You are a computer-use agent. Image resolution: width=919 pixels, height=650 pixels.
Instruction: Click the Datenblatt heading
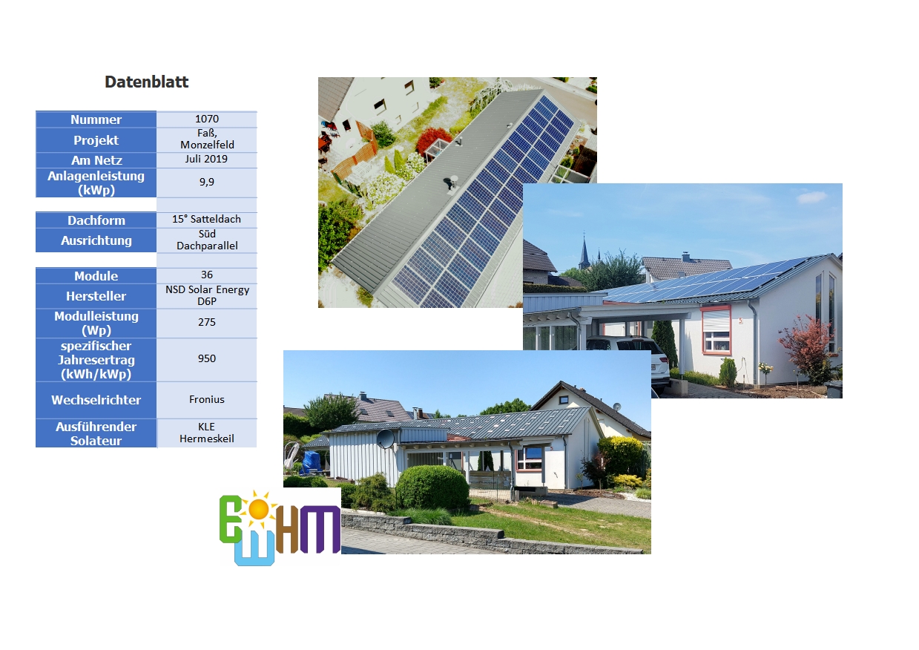pyautogui.click(x=146, y=82)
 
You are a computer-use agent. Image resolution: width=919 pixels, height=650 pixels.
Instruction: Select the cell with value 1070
pyautogui.click(x=207, y=119)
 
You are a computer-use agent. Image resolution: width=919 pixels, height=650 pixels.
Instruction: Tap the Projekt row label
pyautogui.click(x=96, y=140)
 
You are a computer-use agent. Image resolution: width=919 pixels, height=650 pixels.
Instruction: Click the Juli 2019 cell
pyautogui.click(x=207, y=160)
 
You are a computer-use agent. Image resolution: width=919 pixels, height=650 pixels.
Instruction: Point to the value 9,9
pyautogui.click(x=207, y=183)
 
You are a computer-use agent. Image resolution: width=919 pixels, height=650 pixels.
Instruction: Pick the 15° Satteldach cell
pyautogui.click(x=207, y=220)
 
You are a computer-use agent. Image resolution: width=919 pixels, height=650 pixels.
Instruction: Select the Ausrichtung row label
pyautogui.click(x=96, y=240)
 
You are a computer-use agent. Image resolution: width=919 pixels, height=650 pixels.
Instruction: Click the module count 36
pyautogui.click(x=207, y=275)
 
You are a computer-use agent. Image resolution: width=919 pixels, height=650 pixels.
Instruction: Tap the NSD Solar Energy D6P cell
pyautogui.click(x=207, y=296)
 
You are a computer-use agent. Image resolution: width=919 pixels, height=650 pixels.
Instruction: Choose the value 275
pyautogui.click(x=207, y=323)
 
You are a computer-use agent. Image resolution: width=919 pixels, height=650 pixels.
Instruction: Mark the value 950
pyautogui.click(x=207, y=359)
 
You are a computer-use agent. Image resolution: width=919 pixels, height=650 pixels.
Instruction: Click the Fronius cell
pyautogui.click(x=207, y=400)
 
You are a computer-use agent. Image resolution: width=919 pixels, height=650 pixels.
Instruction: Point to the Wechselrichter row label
pyautogui.click(x=96, y=400)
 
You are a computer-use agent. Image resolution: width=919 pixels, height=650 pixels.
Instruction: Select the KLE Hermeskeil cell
pyautogui.click(x=207, y=433)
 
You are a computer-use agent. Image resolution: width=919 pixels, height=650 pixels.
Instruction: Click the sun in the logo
pyautogui.click(x=258, y=510)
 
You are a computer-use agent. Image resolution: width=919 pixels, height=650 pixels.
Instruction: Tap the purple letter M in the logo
pyautogui.click(x=320, y=529)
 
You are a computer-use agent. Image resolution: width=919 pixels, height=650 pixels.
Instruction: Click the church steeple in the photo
pyautogui.click(x=584, y=249)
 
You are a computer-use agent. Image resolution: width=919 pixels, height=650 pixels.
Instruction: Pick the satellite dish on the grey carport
pyautogui.click(x=386, y=439)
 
